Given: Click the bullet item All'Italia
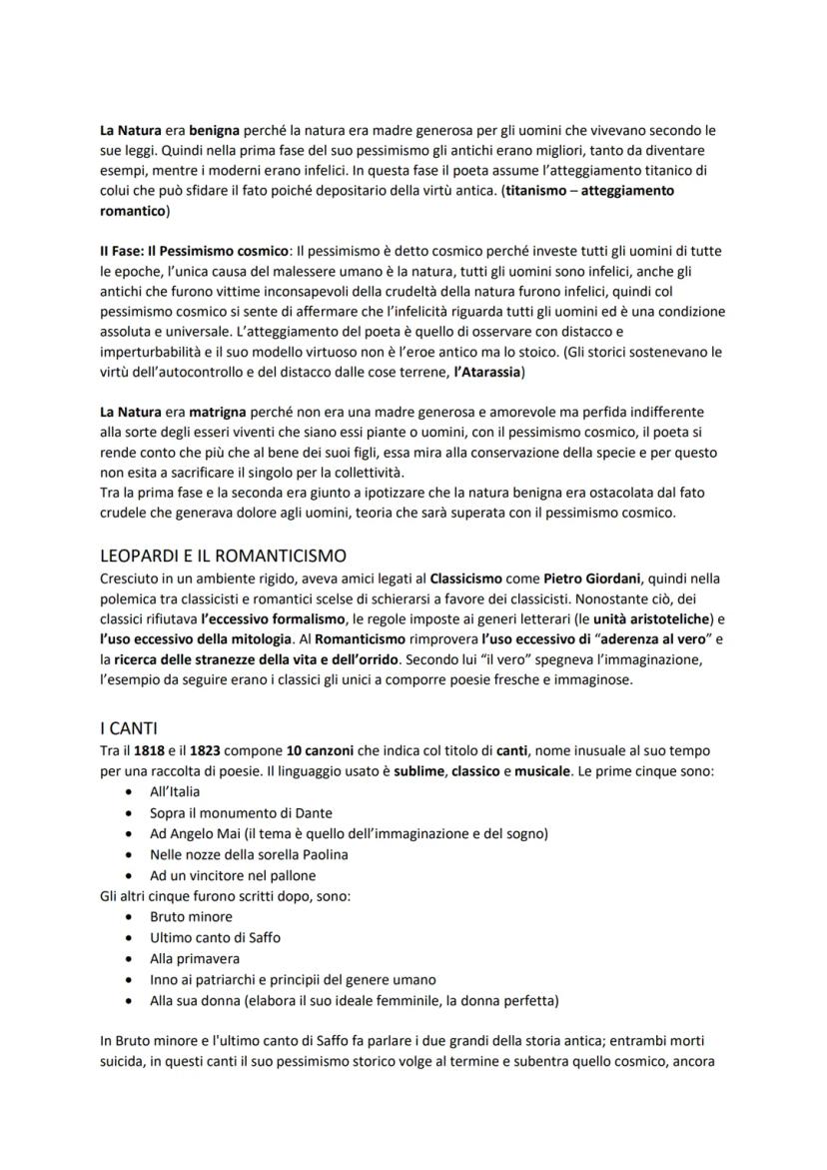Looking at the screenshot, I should (175, 791).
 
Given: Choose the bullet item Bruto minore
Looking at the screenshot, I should (191, 916).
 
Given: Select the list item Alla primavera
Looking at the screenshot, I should (195, 958).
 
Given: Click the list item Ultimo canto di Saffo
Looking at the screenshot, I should (215, 937).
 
